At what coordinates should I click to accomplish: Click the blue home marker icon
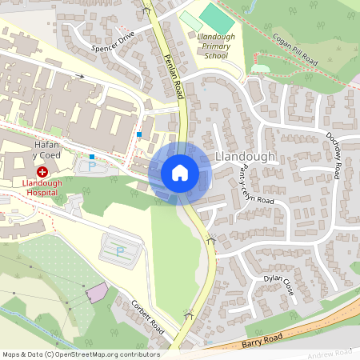180,173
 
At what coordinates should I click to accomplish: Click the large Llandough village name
245,158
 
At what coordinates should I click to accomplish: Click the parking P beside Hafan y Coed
91,167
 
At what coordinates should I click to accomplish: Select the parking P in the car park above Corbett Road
120,251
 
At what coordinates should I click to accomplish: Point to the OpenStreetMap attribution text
81,354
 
